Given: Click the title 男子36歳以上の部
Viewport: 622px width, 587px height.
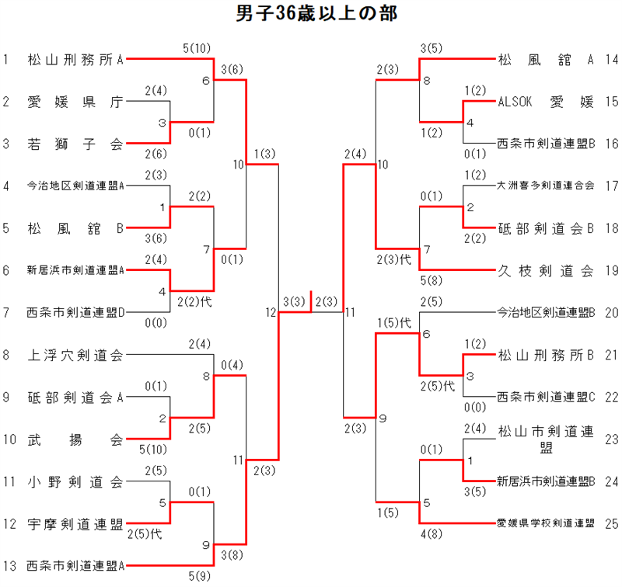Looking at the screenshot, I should (311, 15).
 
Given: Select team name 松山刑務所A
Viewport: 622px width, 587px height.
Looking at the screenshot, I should (75, 58).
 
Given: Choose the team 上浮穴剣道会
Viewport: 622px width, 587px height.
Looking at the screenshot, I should (75, 356).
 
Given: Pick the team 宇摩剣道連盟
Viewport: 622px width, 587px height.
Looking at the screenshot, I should (75, 524).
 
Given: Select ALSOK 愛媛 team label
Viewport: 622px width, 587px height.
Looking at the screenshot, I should (546, 101).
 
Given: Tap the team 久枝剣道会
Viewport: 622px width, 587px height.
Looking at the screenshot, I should (546, 271).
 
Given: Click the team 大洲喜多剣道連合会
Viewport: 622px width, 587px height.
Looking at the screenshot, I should (546, 186).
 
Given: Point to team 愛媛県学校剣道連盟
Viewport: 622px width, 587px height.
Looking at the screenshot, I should (546, 524).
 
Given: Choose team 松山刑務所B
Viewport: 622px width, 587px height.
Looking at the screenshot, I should (546, 356).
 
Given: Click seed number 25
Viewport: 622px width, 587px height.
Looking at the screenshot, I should (611, 524).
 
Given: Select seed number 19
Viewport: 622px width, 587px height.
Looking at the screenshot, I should (611, 271).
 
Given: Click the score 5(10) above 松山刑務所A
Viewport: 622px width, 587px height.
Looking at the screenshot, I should (197, 48).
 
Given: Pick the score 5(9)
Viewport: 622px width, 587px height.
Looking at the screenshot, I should (197, 576).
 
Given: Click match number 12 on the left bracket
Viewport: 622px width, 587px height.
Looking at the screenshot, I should (270, 313).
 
